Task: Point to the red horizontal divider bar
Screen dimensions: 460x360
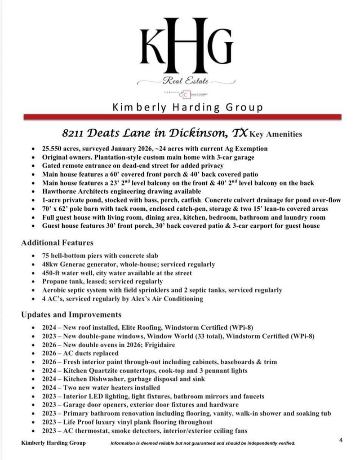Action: click(x=182, y=117)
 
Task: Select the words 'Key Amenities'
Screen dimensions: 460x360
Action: click(x=276, y=134)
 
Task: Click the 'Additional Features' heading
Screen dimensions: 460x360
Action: click(x=57, y=243)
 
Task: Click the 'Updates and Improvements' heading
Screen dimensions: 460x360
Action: click(x=71, y=314)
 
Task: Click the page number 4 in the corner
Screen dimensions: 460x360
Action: click(x=341, y=440)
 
